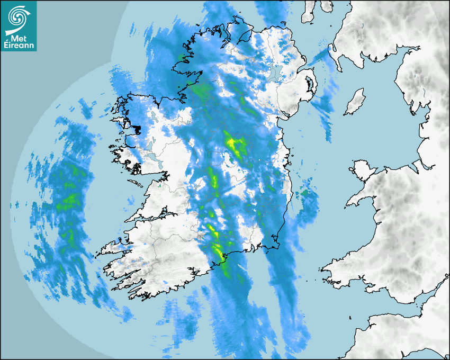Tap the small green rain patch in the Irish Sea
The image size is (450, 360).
point(305,194)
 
